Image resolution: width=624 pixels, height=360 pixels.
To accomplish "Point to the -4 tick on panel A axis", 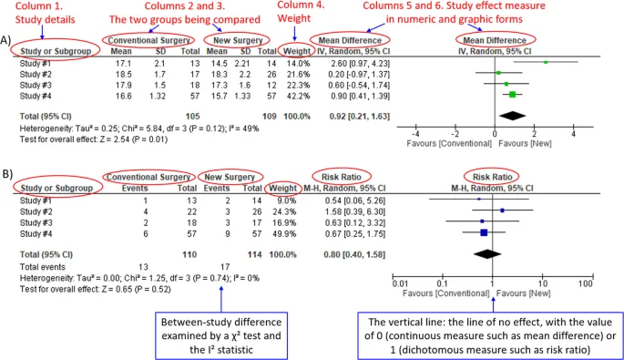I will click(415, 134).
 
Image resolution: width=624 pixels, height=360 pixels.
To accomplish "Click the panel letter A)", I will click(6, 41).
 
